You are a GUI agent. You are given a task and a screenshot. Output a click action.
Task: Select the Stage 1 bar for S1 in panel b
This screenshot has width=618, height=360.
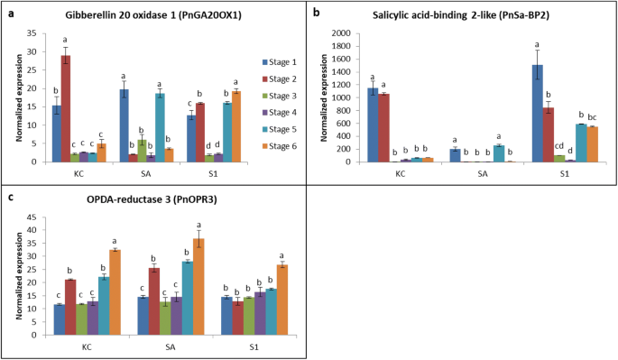[x=538, y=113]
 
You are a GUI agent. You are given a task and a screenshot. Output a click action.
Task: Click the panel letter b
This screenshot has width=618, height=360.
[x=315, y=13]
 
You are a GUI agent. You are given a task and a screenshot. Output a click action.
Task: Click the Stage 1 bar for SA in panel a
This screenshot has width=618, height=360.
[x=125, y=125]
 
